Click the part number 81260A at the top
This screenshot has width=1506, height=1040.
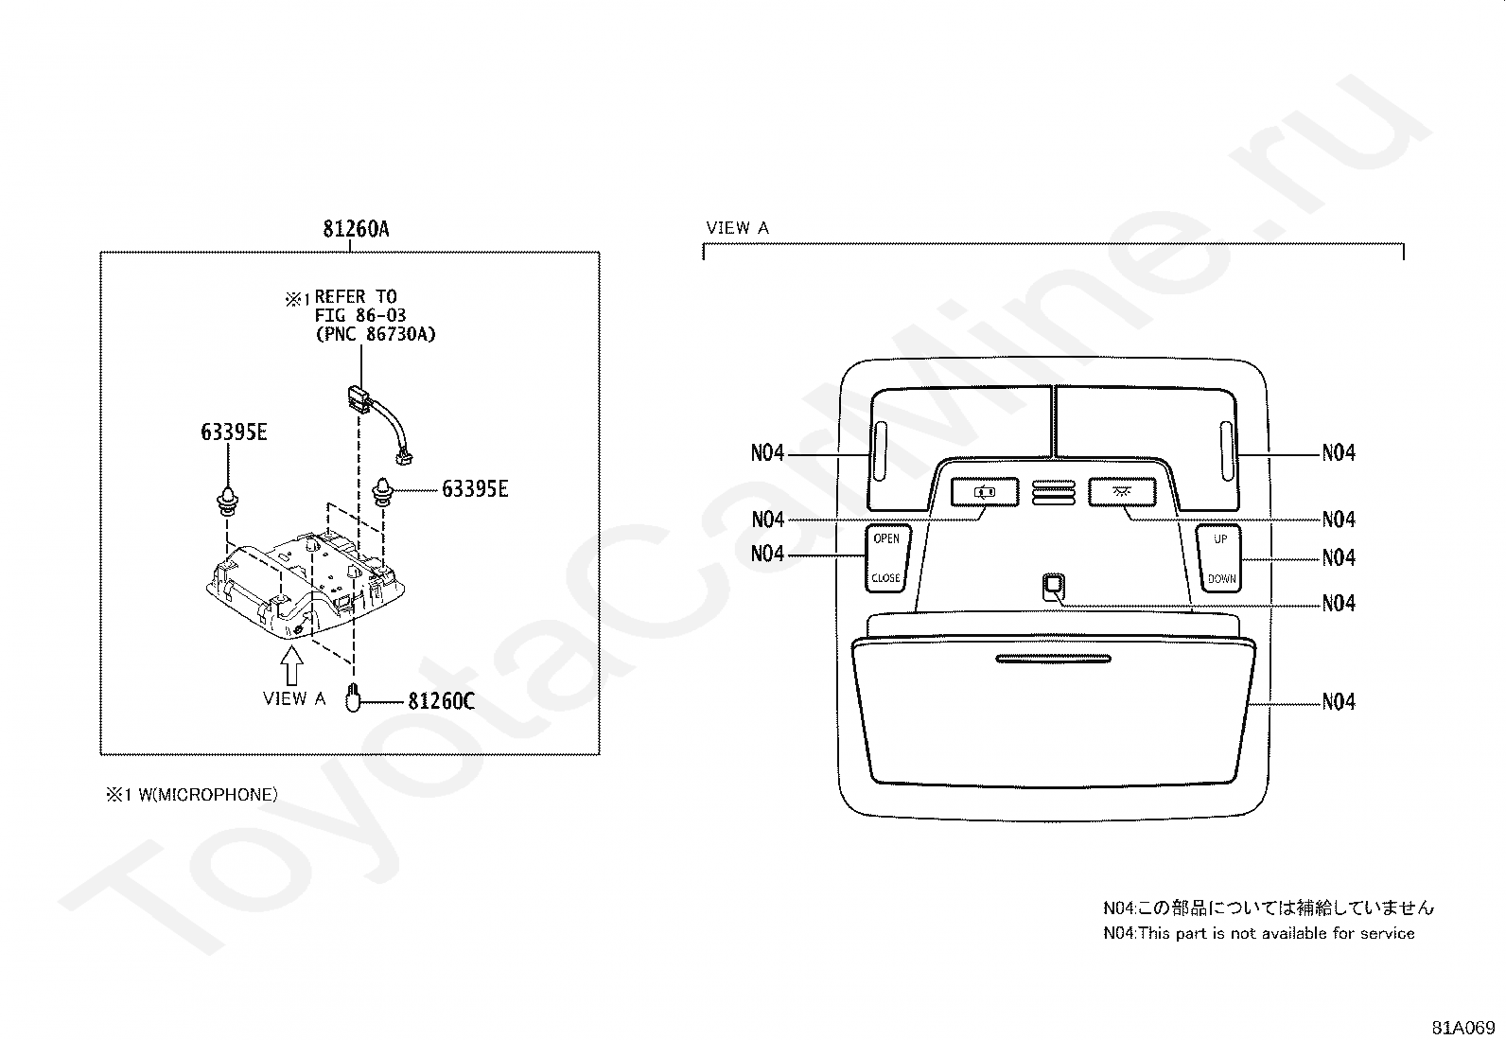tap(356, 229)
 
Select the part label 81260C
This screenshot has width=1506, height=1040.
tap(441, 702)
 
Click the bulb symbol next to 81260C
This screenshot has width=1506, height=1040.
tap(353, 697)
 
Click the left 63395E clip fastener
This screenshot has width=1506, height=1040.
tap(228, 498)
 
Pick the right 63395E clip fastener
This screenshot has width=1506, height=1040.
tap(384, 491)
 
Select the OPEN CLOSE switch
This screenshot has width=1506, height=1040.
tap(885, 558)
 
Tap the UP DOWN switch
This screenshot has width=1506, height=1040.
tap(1220, 558)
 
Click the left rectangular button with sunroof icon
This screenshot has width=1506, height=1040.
tap(985, 492)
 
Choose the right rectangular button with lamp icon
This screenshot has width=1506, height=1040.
tap(1123, 492)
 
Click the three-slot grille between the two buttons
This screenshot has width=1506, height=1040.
tap(1054, 492)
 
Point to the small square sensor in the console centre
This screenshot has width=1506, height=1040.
tap(1053, 587)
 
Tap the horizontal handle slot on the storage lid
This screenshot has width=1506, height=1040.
tap(1053, 658)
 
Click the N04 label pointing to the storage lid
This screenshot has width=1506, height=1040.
tap(1339, 702)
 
